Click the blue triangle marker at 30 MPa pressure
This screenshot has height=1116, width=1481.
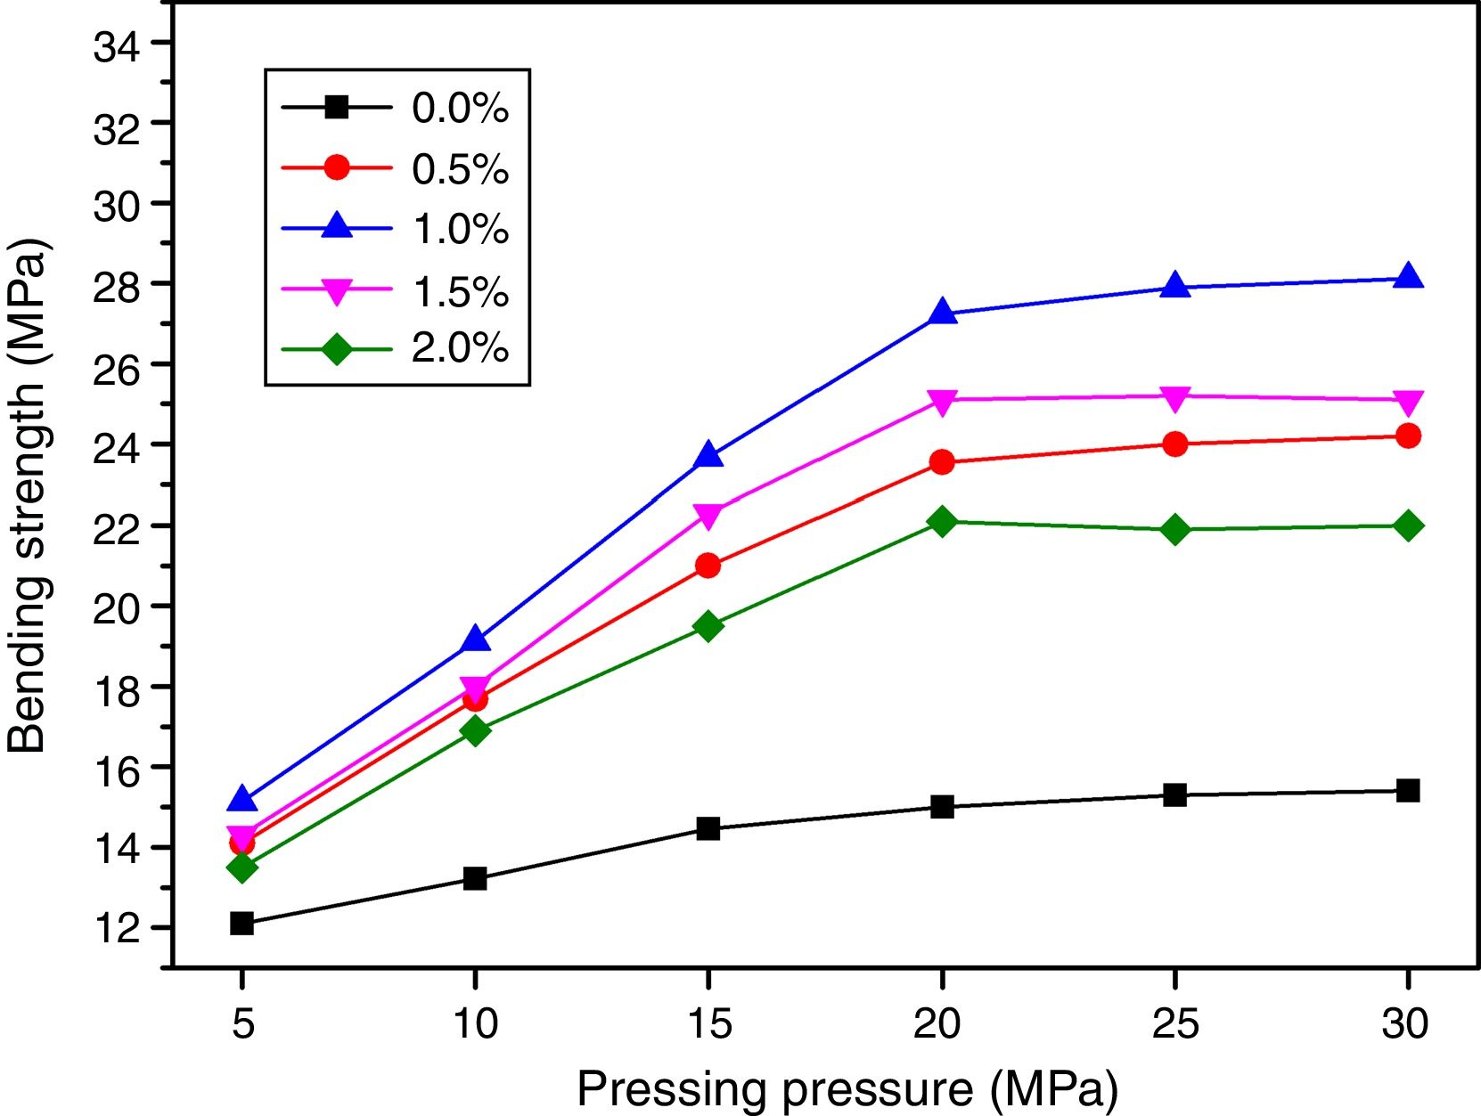1408,276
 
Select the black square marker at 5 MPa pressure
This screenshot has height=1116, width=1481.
241,923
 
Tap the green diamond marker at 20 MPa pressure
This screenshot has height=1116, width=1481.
942,521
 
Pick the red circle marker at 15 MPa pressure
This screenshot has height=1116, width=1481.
708,566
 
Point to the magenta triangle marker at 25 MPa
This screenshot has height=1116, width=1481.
1175,398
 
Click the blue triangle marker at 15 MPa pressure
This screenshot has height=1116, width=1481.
708,455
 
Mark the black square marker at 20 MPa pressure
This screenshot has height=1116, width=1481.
942,807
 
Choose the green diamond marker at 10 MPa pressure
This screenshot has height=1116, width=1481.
475,730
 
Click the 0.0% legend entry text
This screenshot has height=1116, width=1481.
460,108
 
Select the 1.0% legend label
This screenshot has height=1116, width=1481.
460,229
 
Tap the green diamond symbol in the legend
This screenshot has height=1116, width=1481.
337,349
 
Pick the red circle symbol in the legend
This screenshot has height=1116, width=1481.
337,167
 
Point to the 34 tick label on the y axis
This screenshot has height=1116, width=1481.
117,46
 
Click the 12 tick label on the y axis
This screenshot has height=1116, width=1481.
117,929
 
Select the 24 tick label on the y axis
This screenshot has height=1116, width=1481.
117,446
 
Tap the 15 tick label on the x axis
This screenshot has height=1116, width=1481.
708,1023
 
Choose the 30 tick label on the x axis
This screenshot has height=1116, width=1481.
1405,1023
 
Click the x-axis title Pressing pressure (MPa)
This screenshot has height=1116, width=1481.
847,1088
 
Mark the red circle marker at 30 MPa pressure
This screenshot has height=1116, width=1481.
1408,436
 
